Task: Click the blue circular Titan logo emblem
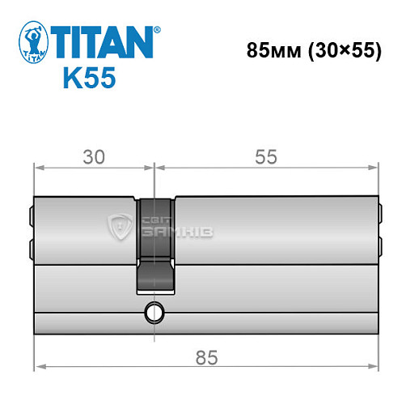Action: click(32, 43)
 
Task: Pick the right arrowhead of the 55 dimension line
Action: click(374, 168)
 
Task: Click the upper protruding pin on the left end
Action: click(31, 217)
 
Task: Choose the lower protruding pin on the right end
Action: click(379, 241)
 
